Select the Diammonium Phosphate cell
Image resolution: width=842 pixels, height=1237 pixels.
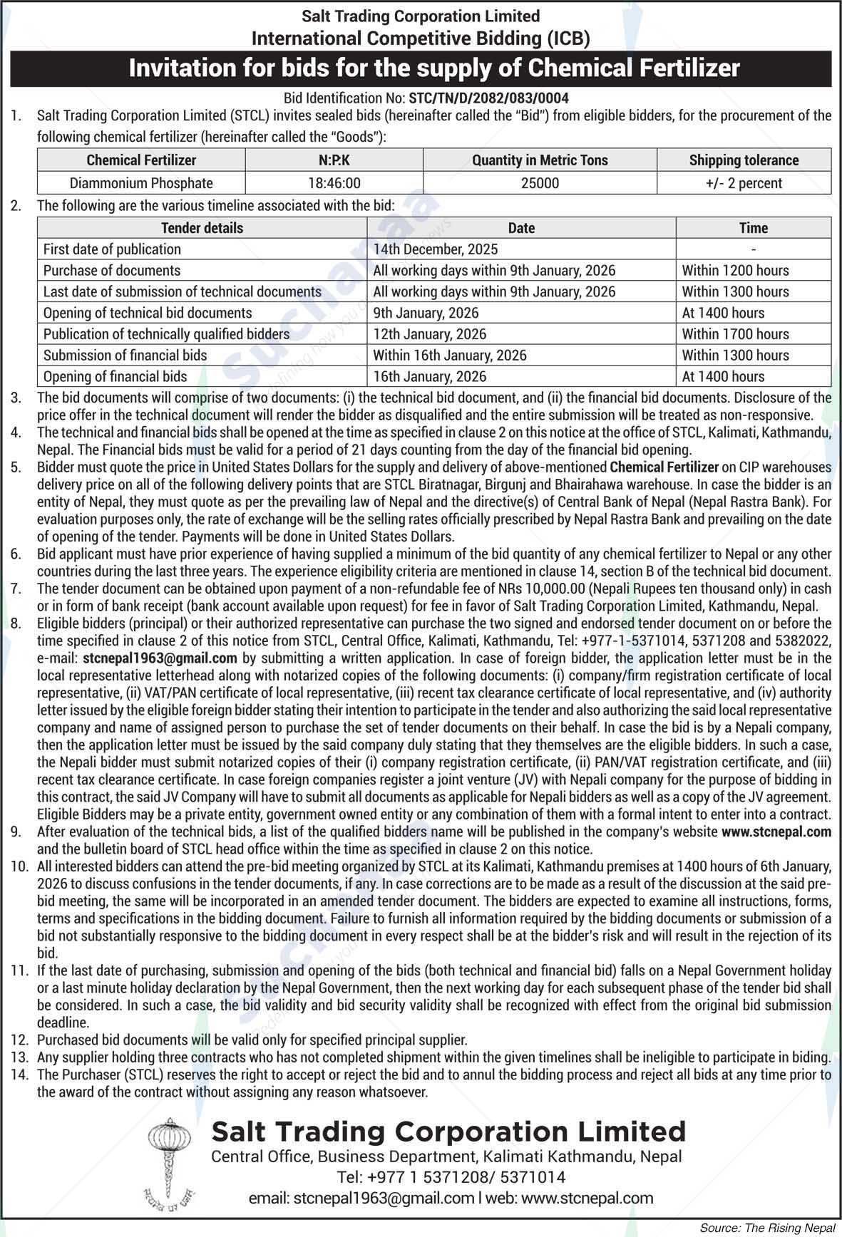(x=141, y=183)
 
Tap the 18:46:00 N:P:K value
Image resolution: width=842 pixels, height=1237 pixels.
(x=334, y=183)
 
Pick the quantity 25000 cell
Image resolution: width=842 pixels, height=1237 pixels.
(x=540, y=183)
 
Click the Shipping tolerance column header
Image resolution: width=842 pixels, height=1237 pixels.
(x=744, y=160)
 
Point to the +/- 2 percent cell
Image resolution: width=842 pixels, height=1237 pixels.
(x=744, y=183)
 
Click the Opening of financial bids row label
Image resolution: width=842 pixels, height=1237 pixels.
(x=115, y=376)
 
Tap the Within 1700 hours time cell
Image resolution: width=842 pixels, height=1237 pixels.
(x=735, y=334)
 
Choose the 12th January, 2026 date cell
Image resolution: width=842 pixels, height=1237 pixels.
(x=429, y=334)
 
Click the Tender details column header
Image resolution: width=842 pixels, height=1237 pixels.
(x=202, y=228)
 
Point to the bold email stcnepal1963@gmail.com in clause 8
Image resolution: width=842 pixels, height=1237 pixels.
(x=160, y=658)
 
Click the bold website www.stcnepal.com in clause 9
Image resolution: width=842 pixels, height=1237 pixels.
(x=776, y=832)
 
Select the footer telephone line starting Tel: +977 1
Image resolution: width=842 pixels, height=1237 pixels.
(x=451, y=1177)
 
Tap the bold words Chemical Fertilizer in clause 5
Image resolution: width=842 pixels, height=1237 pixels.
(x=664, y=467)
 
